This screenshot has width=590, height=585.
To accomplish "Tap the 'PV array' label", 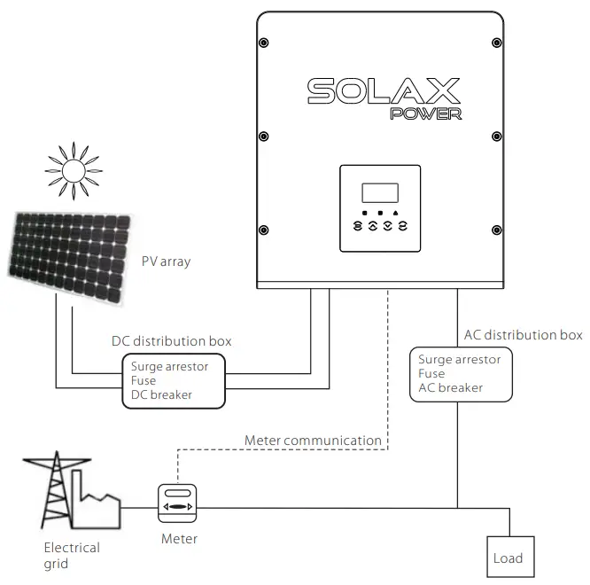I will point(166,261).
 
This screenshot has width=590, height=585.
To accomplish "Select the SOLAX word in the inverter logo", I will point(384,90).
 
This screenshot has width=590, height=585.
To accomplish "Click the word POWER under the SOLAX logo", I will point(425,113).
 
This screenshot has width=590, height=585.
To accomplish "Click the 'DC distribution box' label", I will point(172,340).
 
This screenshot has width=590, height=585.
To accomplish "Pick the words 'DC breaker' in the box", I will point(161,394).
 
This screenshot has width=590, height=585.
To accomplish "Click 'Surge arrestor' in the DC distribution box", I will point(169,365).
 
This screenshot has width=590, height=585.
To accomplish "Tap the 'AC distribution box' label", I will point(523,335).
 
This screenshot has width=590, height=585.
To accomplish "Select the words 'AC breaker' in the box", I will point(450,387).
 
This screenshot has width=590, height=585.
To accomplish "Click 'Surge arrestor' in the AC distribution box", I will point(459,359).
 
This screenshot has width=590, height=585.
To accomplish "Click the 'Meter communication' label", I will point(313,440).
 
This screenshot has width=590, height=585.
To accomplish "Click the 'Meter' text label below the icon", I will point(179,538).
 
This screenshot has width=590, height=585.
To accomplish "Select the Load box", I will point(508,558).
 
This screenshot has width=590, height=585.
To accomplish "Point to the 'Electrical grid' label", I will point(72,556).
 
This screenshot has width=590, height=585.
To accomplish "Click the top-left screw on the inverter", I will point(264,43).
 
